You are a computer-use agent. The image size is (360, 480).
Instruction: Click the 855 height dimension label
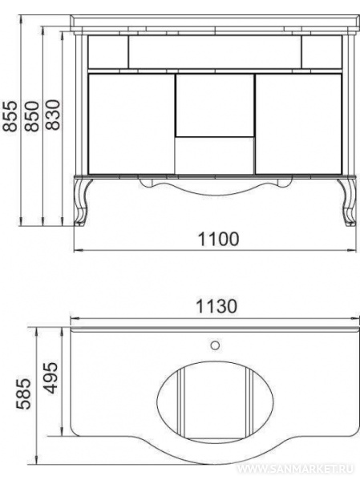tap(10, 116)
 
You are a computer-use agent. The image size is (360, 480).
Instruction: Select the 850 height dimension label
tap(32, 116)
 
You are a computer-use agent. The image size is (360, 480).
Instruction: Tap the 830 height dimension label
tap(53, 115)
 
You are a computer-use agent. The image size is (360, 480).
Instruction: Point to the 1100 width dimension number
tap(218, 239)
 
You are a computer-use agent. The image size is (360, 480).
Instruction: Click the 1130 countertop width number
tap(216, 306)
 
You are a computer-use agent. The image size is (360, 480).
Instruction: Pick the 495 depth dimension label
tap(51, 377)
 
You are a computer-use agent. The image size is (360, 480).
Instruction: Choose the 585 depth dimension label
tap(23, 394)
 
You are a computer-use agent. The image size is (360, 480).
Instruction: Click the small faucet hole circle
tap(215, 345)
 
